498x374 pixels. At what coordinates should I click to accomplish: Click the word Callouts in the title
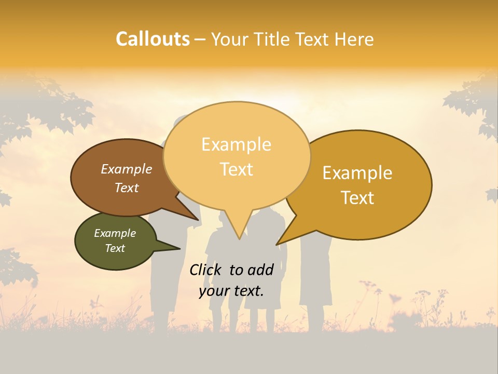pyautogui.click(x=153, y=39)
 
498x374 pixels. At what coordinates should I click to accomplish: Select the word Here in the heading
pyautogui.click(x=355, y=39)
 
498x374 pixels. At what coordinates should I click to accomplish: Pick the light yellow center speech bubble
pyautogui.click(x=237, y=156)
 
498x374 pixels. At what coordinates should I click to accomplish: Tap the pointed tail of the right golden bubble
pyautogui.click(x=280, y=242)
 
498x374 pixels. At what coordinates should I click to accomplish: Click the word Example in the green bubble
pyautogui.click(x=115, y=233)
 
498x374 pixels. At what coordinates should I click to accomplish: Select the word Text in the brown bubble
pyautogui.click(x=127, y=188)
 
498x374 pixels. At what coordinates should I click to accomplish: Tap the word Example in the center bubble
pyautogui.click(x=236, y=144)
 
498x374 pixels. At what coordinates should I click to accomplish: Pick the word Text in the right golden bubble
pyautogui.click(x=358, y=198)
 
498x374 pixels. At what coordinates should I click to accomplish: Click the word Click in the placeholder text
pyautogui.click(x=205, y=270)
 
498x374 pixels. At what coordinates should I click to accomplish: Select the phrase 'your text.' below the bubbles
pyautogui.click(x=231, y=291)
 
